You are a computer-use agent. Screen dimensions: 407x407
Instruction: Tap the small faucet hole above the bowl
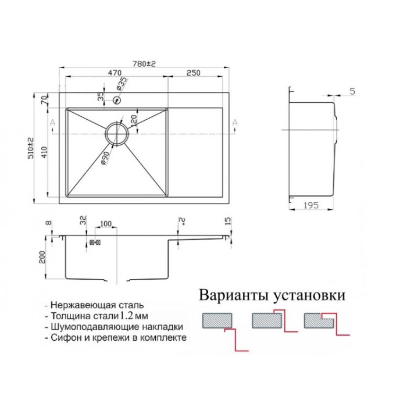click(117, 100)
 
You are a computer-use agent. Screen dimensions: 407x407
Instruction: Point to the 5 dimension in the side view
click(352, 91)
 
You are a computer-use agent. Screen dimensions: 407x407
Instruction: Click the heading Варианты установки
click(272, 295)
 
